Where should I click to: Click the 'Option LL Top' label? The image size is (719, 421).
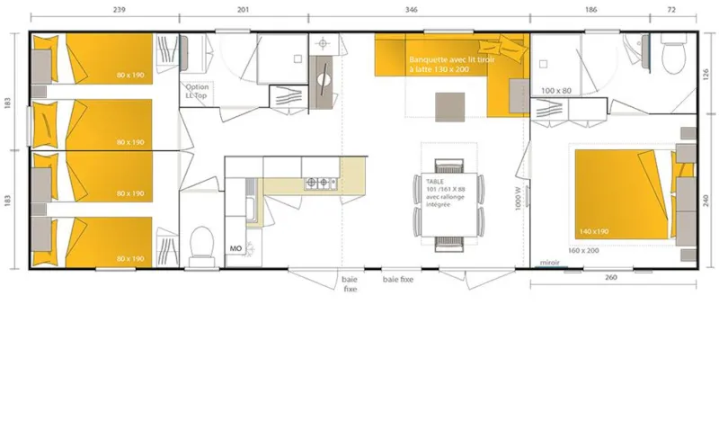coord(198,91)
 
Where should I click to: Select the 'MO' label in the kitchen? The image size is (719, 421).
coord(235,247)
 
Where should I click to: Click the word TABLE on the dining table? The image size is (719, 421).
coord(435,180)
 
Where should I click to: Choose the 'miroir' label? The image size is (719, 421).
coord(549,264)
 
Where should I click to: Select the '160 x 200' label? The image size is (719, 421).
coord(583,250)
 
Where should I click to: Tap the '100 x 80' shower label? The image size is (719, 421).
coord(555,90)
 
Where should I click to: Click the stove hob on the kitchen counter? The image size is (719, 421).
coord(319,184)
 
